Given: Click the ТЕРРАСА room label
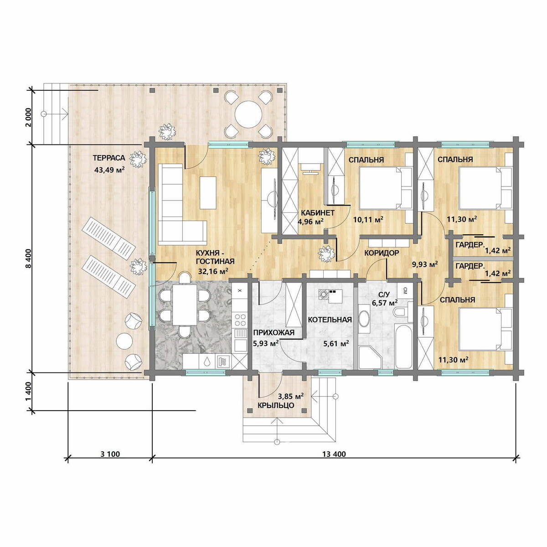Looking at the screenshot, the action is [109, 158].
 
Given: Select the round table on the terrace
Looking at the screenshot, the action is [248, 114].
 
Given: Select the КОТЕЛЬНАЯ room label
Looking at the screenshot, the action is [330, 320].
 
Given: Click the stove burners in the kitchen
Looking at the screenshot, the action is [239, 320].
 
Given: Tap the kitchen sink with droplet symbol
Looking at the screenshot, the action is [207, 361].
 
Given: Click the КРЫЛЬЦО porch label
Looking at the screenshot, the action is [276, 405].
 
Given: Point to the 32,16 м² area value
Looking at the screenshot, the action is [213, 271].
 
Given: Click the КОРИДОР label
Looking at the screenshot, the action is [382, 253].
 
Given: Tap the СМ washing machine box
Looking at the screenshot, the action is [405, 290].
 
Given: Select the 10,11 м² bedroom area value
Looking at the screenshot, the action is [368, 219].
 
